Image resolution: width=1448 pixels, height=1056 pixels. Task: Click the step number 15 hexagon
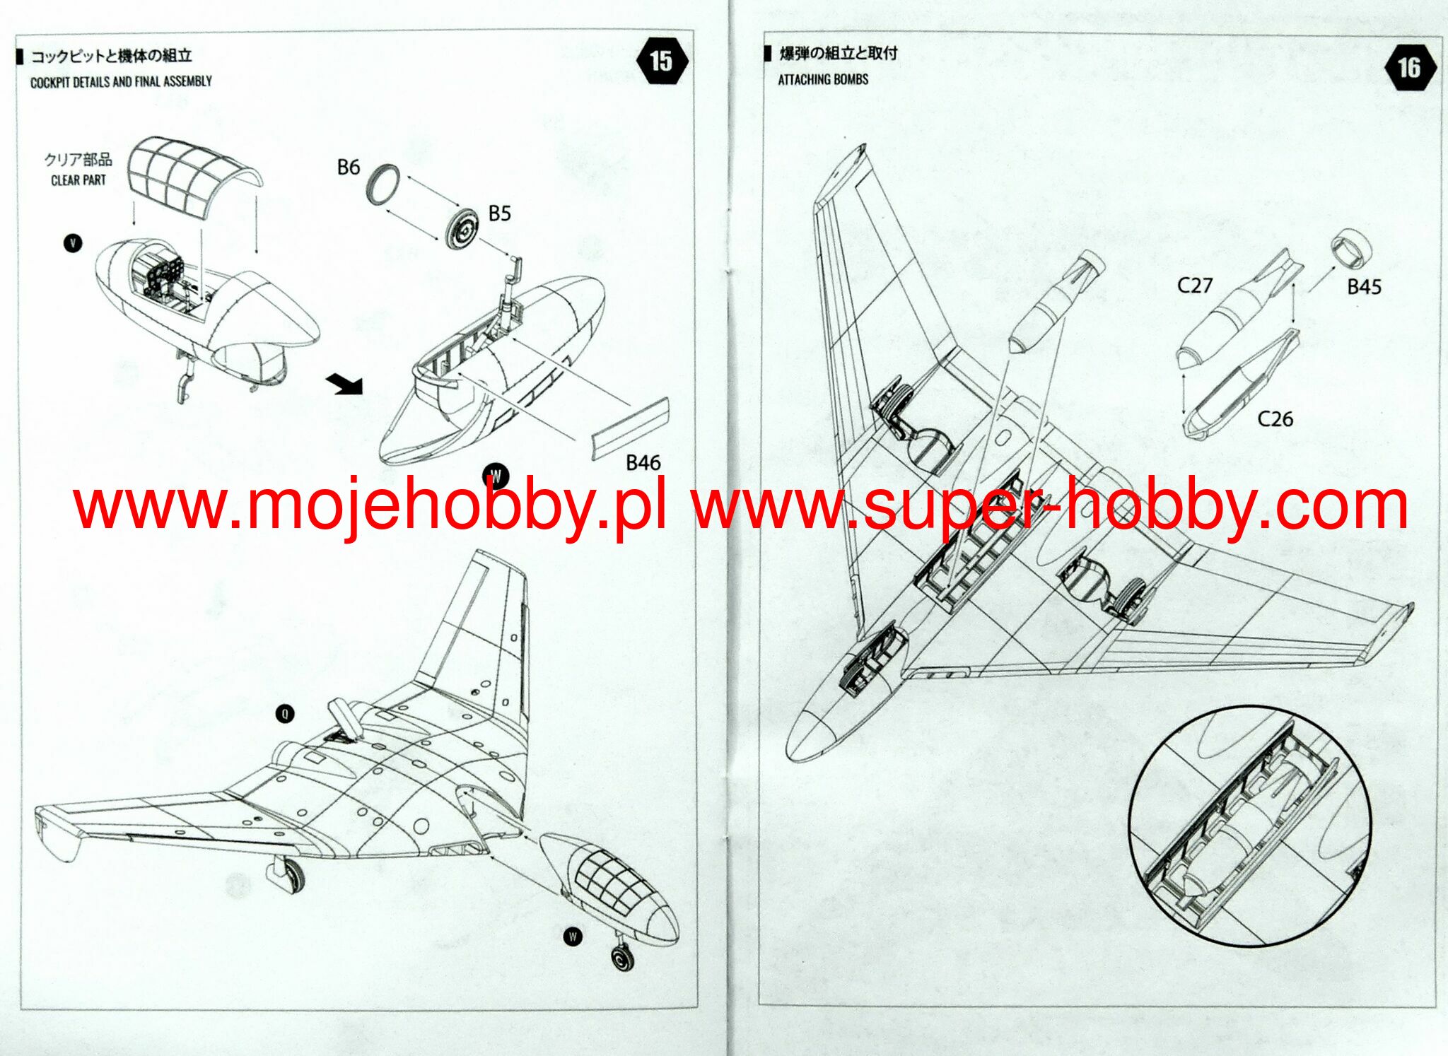click(x=662, y=61)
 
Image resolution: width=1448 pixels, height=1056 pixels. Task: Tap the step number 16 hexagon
click(x=1408, y=68)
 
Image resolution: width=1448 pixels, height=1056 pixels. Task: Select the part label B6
click(x=349, y=168)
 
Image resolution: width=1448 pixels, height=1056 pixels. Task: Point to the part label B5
click(x=499, y=213)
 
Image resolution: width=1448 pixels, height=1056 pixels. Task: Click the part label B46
click(x=643, y=463)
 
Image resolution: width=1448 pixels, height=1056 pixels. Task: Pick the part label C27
click(x=1194, y=286)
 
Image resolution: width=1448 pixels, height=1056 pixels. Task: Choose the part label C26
click(x=1275, y=419)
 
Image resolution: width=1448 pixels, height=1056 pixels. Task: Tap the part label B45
click(x=1364, y=287)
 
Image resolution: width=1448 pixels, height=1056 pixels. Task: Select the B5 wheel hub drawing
click(x=464, y=228)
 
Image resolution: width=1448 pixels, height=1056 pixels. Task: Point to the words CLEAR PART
click(x=78, y=180)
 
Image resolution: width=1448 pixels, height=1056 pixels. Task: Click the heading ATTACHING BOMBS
click(x=823, y=80)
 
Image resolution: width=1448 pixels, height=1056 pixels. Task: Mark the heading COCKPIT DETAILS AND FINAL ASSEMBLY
click(x=121, y=82)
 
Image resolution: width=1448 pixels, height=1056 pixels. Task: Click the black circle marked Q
click(x=285, y=714)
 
